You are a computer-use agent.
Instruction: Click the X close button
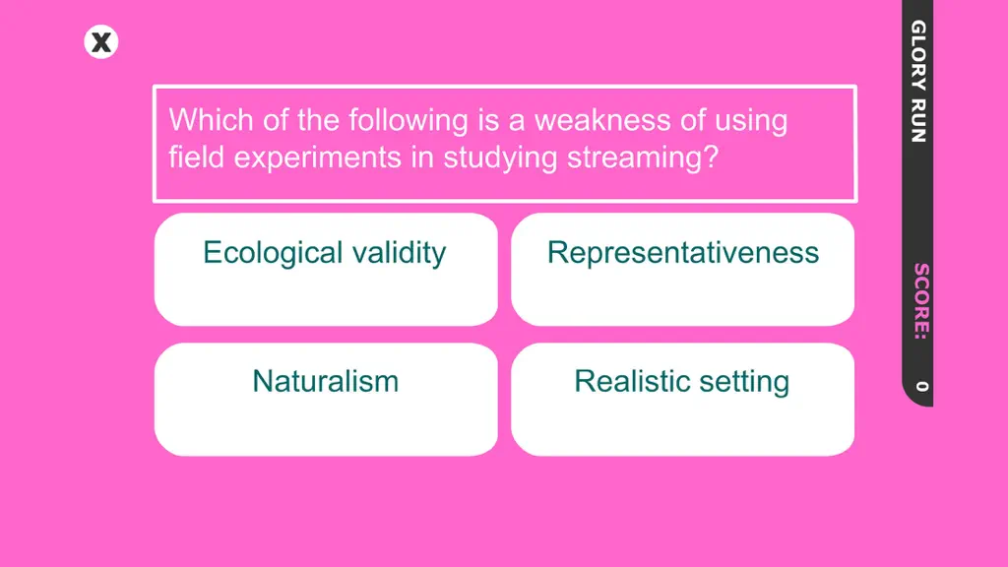[x=101, y=42]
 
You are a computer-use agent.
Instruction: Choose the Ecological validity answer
[x=326, y=270]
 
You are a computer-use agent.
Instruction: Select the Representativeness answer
[x=683, y=270]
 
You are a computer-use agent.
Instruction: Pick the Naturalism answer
[x=326, y=400]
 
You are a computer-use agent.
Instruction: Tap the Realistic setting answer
[x=683, y=400]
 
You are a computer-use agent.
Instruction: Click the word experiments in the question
[x=318, y=158]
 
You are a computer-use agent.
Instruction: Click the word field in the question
[x=196, y=157]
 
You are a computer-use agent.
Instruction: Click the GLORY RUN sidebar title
[x=918, y=81]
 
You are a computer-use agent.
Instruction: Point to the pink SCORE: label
[x=921, y=301]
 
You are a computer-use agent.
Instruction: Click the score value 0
[x=921, y=386]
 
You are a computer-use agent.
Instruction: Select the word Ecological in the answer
[x=274, y=253]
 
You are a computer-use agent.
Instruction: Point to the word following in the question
[x=409, y=121]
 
